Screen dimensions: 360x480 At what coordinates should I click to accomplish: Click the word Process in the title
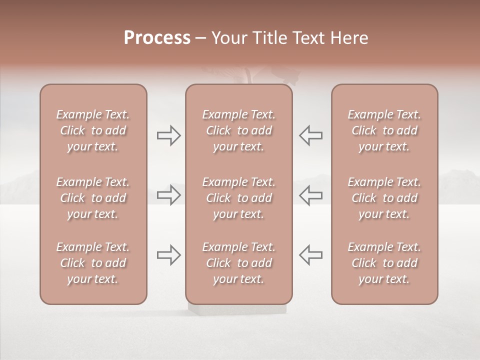click(x=157, y=38)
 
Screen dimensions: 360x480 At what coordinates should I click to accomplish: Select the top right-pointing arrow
click(x=169, y=135)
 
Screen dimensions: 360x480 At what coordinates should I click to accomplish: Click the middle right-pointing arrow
click(x=169, y=195)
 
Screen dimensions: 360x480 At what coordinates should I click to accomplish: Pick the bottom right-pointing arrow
click(x=169, y=255)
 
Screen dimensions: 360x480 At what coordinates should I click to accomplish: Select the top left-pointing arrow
click(x=310, y=135)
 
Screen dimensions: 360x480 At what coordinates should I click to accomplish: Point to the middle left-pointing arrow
click(x=310, y=195)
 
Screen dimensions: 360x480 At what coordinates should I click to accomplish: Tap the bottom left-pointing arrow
click(x=310, y=255)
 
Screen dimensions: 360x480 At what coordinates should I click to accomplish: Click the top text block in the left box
click(x=93, y=130)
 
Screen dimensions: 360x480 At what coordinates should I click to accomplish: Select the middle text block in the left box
click(x=93, y=198)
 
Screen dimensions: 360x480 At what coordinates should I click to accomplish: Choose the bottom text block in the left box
click(x=93, y=263)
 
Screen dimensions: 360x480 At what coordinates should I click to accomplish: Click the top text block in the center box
click(x=238, y=130)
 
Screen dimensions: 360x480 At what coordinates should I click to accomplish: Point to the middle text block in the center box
click(x=238, y=198)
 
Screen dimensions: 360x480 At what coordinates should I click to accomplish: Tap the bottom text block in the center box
click(x=238, y=263)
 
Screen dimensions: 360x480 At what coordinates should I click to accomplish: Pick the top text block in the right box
click(x=384, y=130)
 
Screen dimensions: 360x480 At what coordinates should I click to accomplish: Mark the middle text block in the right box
click(x=384, y=198)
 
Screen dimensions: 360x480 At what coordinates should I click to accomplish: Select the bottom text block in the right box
click(x=384, y=263)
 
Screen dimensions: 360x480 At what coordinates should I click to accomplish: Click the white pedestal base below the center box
click(x=237, y=309)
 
